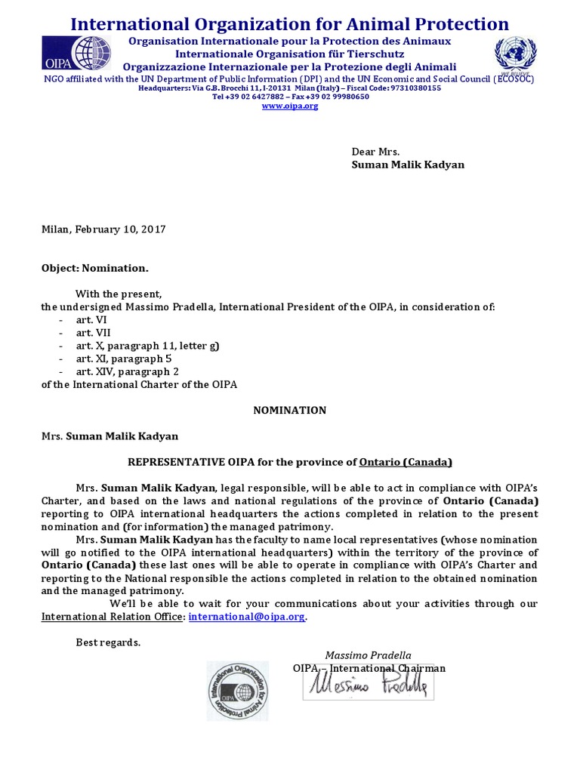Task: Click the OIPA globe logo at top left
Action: [x=89, y=54]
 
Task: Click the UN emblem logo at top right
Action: [x=517, y=54]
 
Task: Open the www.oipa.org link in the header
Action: [x=290, y=106]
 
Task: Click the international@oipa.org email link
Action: [x=247, y=617]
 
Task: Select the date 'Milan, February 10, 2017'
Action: [x=103, y=229]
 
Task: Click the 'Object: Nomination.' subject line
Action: [x=95, y=268]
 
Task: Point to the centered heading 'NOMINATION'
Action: [x=289, y=411]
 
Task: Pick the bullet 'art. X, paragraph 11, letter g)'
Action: [x=147, y=346]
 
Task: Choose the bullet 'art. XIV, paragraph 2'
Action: [x=127, y=371]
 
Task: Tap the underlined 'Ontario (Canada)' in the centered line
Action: [x=406, y=462]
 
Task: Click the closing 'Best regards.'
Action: [x=108, y=642]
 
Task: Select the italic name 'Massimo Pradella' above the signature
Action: [x=368, y=655]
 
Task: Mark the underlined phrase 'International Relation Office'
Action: [x=112, y=617]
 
